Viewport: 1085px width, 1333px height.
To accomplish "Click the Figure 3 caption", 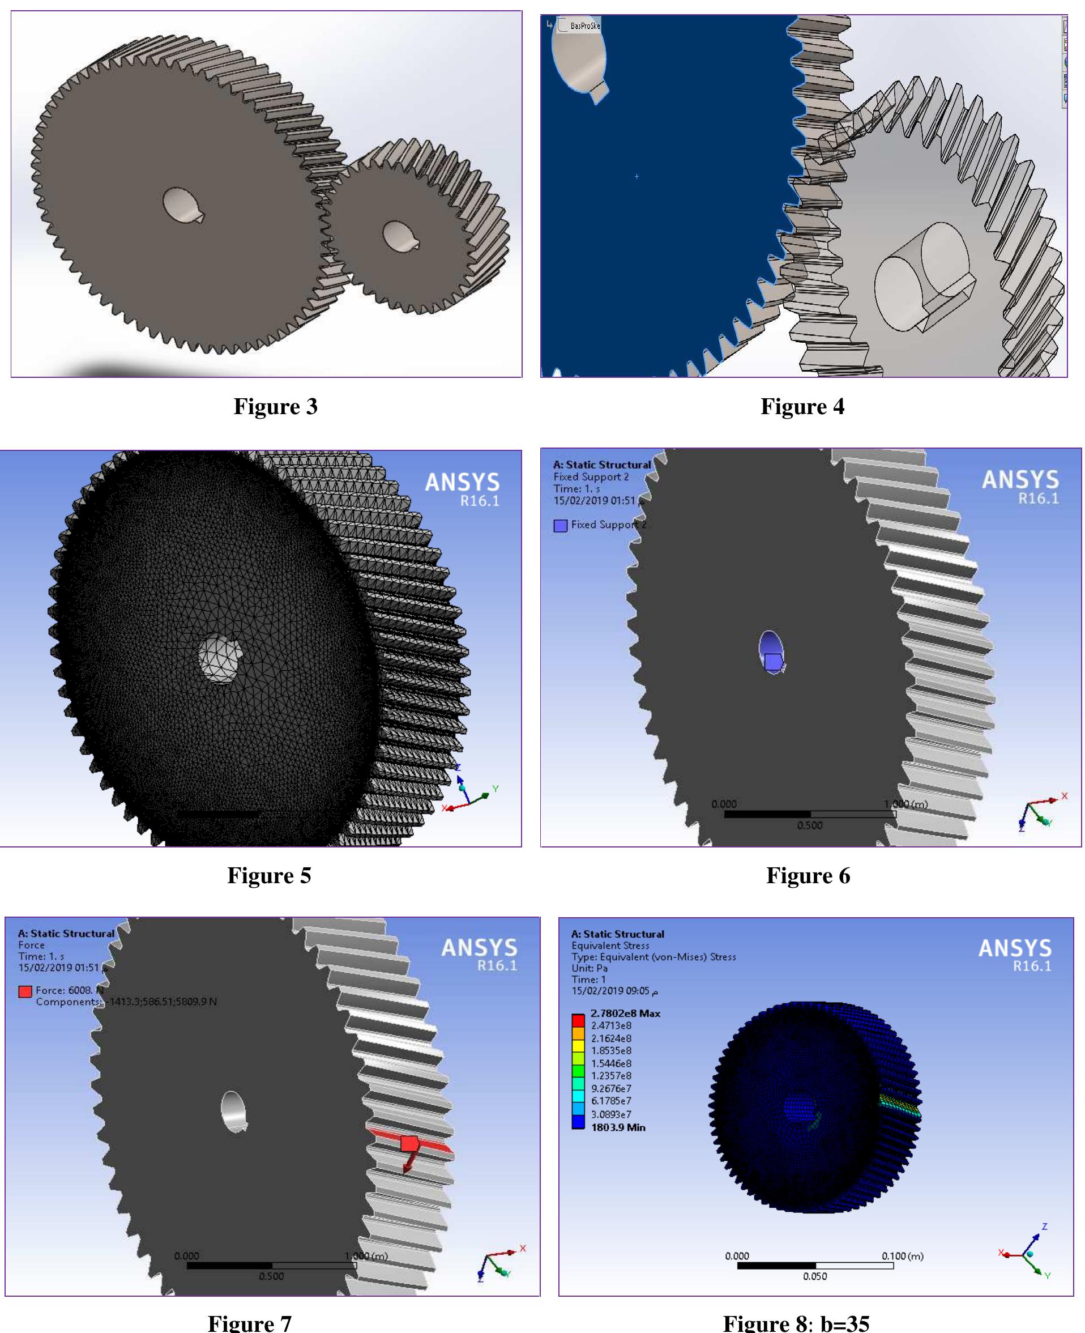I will tap(276, 406).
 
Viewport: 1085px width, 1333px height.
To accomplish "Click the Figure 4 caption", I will tap(802, 406).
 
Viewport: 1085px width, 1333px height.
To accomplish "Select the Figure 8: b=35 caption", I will tap(796, 1322).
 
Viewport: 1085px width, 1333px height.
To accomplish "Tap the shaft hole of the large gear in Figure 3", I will tap(181, 205).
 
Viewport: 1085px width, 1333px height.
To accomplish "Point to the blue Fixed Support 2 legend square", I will tap(560, 525).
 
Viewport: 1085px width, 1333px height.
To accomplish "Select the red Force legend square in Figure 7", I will tap(25, 991).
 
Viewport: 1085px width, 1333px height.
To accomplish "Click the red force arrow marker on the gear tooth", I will tap(409, 1144).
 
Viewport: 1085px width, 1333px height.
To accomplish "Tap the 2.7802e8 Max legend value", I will tap(625, 1013).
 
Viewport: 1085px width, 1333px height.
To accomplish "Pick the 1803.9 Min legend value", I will tap(617, 1127).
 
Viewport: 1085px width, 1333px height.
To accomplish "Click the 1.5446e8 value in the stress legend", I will tap(610, 1063).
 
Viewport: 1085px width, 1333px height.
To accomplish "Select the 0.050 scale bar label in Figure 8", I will tap(814, 1276).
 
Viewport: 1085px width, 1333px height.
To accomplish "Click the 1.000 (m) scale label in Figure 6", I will tap(905, 804).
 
